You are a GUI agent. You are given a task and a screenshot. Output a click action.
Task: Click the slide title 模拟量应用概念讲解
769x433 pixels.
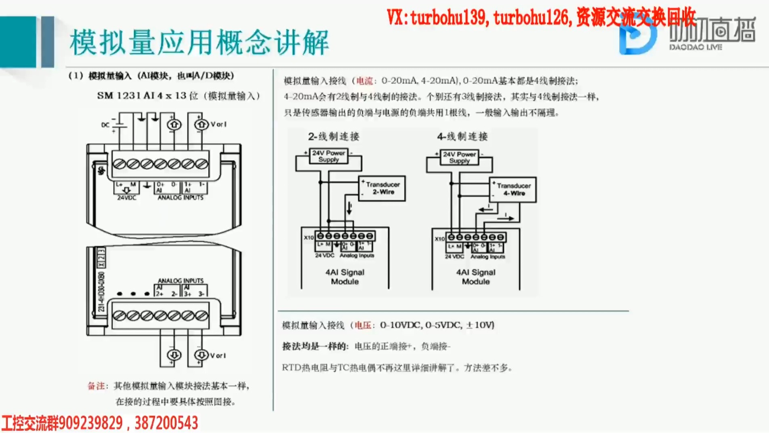tap(199, 42)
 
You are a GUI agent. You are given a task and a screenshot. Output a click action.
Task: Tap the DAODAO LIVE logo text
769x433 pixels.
tap(695, 47)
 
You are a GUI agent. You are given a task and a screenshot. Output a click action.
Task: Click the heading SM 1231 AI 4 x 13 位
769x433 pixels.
tap(178, 96)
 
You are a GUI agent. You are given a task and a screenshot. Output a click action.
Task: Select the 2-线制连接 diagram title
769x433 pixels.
tap(334, 137)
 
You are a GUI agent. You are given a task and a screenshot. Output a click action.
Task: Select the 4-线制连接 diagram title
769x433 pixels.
tap(462, 137)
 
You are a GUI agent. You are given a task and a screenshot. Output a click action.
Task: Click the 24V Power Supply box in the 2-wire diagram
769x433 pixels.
tap(328, 156)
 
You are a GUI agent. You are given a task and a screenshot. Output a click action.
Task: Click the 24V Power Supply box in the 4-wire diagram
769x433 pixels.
tap(459, 157)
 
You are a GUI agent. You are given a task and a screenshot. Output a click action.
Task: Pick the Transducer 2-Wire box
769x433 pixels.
tap(382, 188)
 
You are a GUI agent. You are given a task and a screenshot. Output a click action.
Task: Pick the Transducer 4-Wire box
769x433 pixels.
tap(513, 189)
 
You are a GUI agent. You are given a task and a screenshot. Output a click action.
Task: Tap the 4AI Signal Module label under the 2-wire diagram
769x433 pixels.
tap(345, 277)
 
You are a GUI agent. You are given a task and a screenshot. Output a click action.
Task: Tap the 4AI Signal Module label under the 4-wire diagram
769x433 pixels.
tap(476, 277)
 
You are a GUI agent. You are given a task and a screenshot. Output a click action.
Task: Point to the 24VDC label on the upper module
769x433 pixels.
tap(126, 198)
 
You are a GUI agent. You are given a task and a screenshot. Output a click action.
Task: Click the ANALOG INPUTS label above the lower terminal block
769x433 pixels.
tap(181, 280)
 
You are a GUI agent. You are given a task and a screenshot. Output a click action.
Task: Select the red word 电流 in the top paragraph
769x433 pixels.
tap(365, 81)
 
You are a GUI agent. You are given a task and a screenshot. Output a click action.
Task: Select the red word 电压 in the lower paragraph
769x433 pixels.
tap(363, 325)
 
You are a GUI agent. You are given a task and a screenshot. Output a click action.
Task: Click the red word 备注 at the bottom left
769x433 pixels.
tap(97, 386)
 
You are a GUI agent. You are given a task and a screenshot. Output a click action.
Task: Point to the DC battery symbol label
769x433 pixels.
tap(105, 125)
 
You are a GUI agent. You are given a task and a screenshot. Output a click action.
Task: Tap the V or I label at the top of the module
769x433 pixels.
tap(219, 124)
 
